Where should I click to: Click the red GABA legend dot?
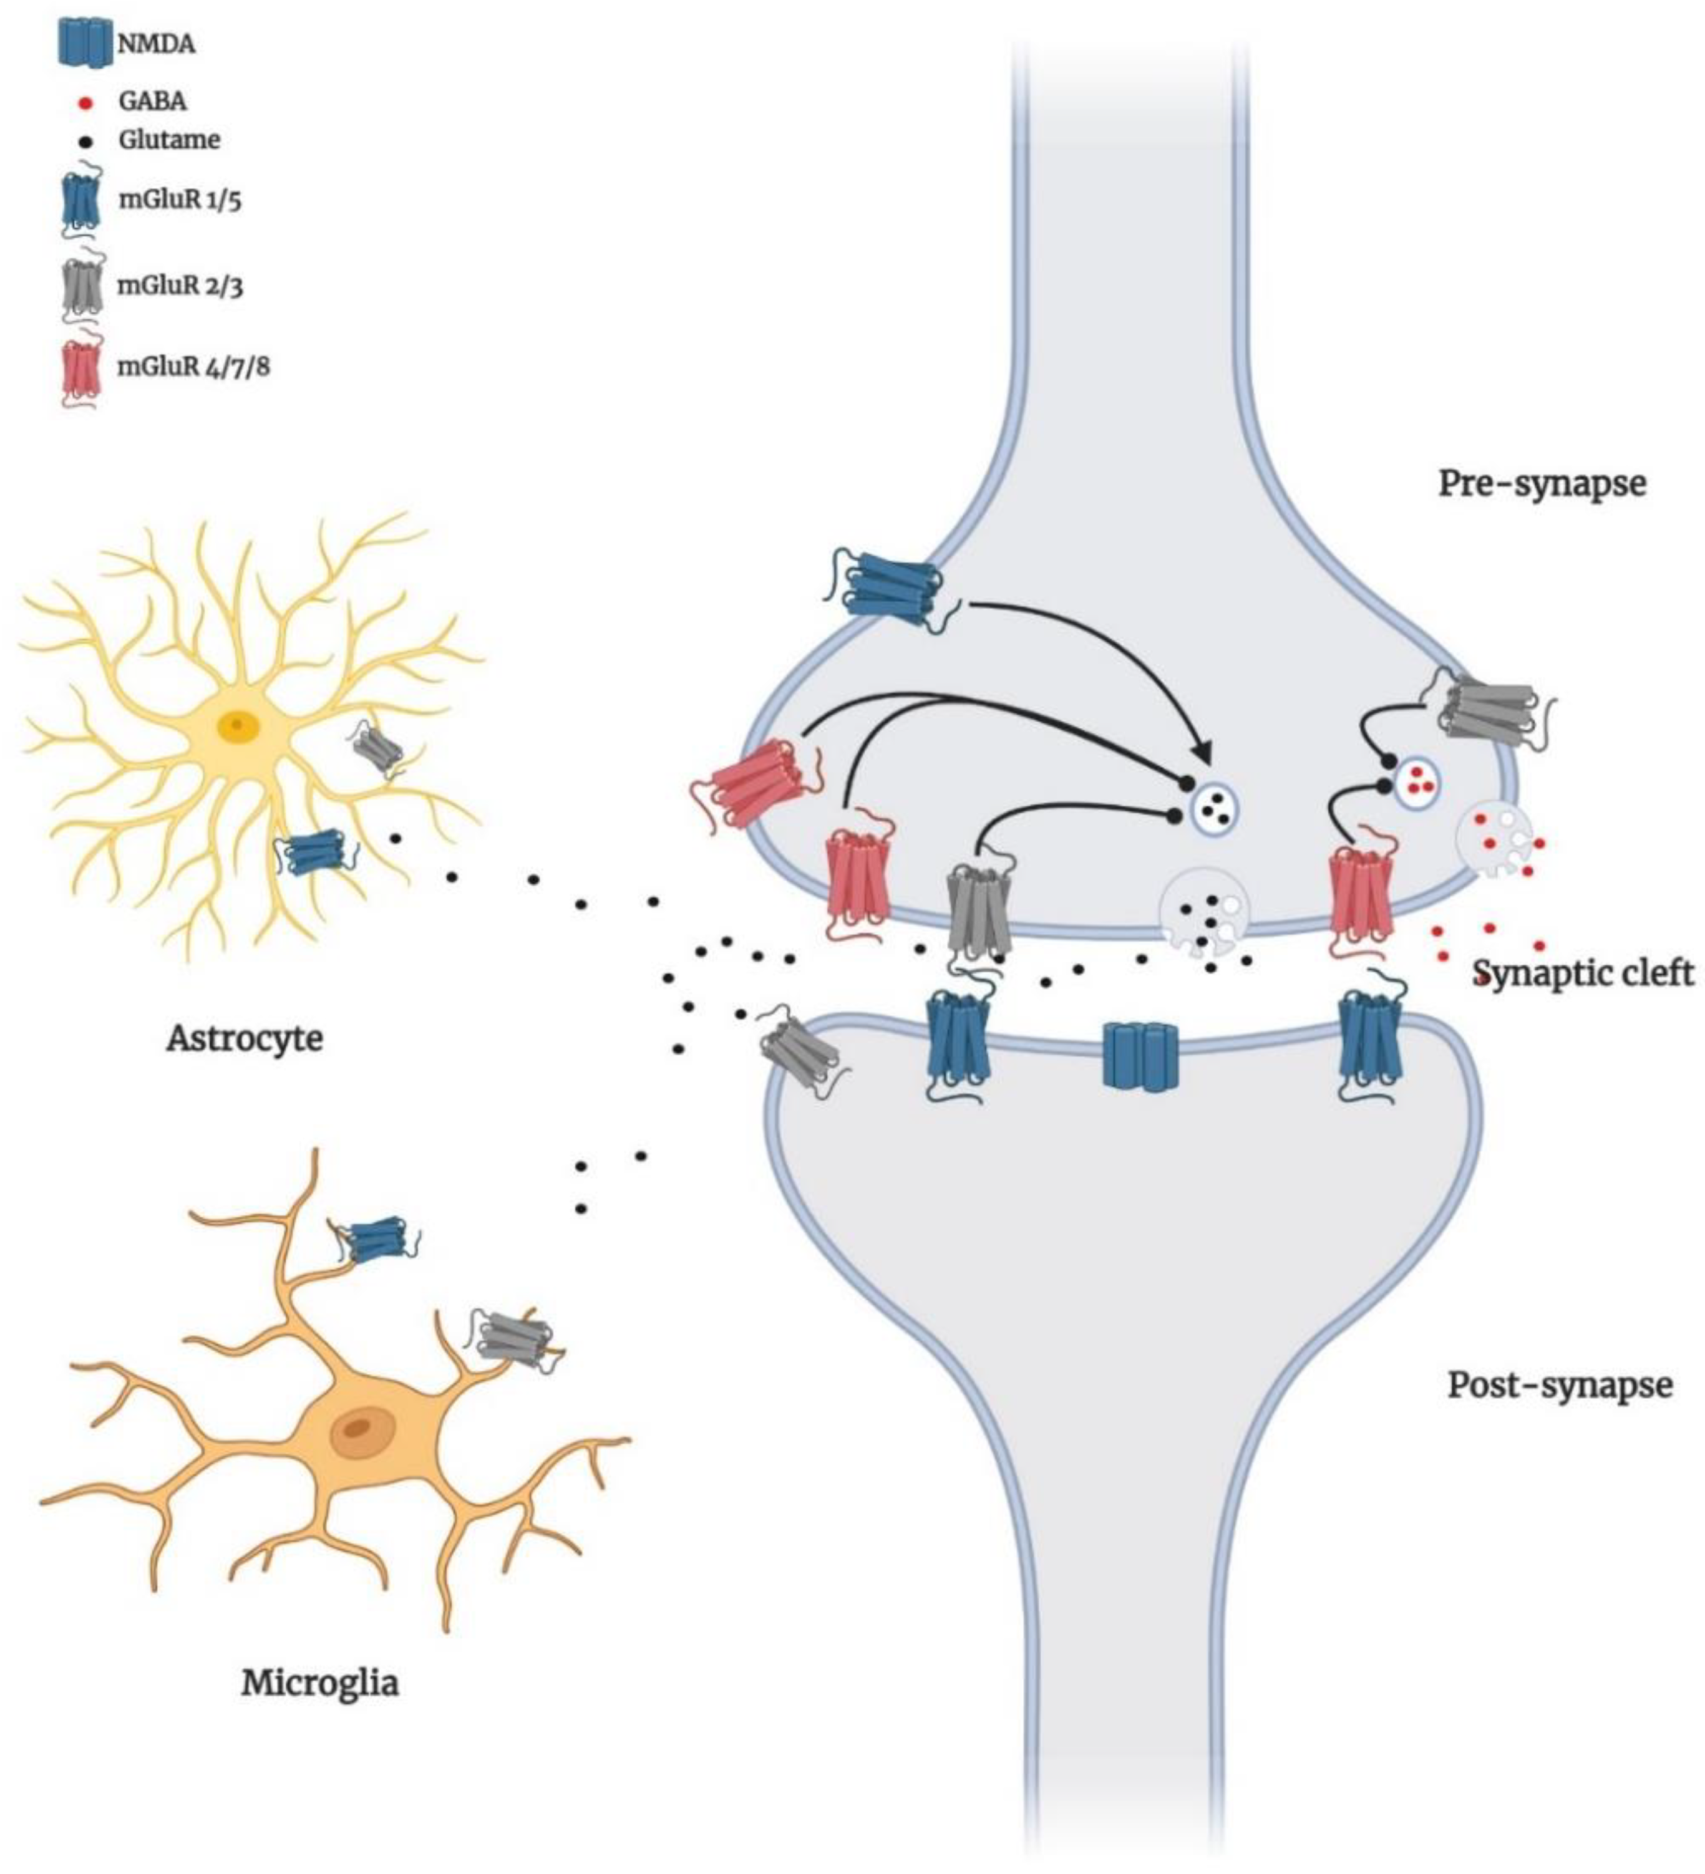click(85, 102)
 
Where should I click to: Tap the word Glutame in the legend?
click(169, 140)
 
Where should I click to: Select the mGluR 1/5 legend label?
click(180, 200)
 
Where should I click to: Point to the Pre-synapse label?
click(1542, 483)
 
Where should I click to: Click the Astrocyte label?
click(245, 1037)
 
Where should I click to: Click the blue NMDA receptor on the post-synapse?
click(1140, 1056)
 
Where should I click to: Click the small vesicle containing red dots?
click(1419, 778)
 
